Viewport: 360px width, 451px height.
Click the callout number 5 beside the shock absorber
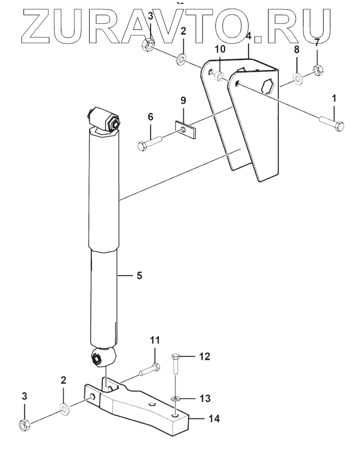pos(139,275)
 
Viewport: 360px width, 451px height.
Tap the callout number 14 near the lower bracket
pos(214,418)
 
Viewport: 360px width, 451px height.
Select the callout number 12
pos(205,356)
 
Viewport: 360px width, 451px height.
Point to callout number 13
pos(205,398)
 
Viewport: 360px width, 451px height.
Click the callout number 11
pos(155,340)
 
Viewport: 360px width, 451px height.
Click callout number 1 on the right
pos(334,98)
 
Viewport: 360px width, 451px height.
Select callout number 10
pos(220,49)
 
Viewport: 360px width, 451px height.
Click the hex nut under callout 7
pos(318,70)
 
